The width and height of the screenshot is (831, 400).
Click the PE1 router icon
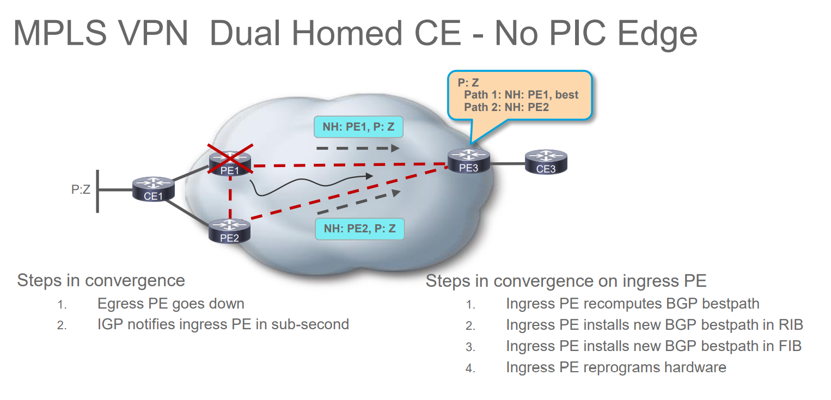(230, 163)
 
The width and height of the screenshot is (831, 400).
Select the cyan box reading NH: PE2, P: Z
(360, 229)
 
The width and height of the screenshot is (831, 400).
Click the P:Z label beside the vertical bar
(81, 189)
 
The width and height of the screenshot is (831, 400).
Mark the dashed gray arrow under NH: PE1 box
(358, 147)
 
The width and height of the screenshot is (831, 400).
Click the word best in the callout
(566, 95)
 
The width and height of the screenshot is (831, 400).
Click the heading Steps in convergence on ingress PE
(566, 281)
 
